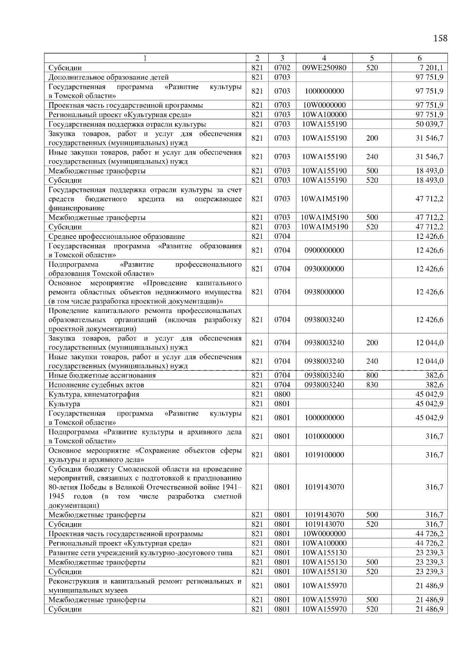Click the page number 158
(x=440, y=38)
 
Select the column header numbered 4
(x=324, y=58)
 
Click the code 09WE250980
(x=324, y=68)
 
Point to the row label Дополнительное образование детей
(x=108, y=77)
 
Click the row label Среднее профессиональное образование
(x=116, y=237)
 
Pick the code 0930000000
(x=324, y=269)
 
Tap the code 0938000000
(x=324, y=292)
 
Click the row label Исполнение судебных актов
(x=96, y=385)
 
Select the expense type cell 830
(x=372, y=385)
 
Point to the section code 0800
(x=282, y=394)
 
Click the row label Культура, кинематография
(x=94, y=394)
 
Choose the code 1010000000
(x=324, y=436)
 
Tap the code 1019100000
(x=324, y=455)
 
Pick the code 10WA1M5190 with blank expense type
(x=324, y=199)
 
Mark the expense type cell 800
(x=372, y=376)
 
